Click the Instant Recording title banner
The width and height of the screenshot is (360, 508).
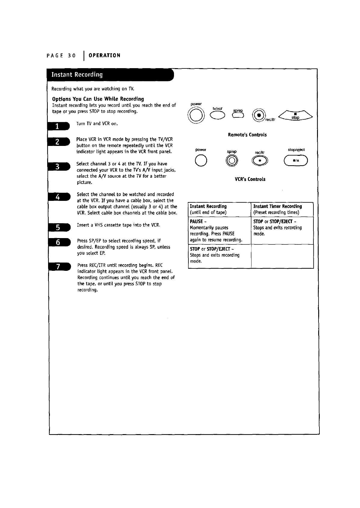click(110, 75)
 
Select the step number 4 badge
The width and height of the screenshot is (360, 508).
click(59, 197)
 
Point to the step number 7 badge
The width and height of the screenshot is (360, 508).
click(59, 267)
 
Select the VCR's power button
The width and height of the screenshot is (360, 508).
click(200, 161)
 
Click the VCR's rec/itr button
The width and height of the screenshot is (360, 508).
click(260, 162)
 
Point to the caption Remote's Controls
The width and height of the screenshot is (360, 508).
click(247, 135)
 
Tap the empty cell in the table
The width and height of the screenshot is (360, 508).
click(282, 256)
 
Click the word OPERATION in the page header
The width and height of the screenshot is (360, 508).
click(105, 55)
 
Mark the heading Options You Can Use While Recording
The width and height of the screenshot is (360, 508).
click(98, 99)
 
